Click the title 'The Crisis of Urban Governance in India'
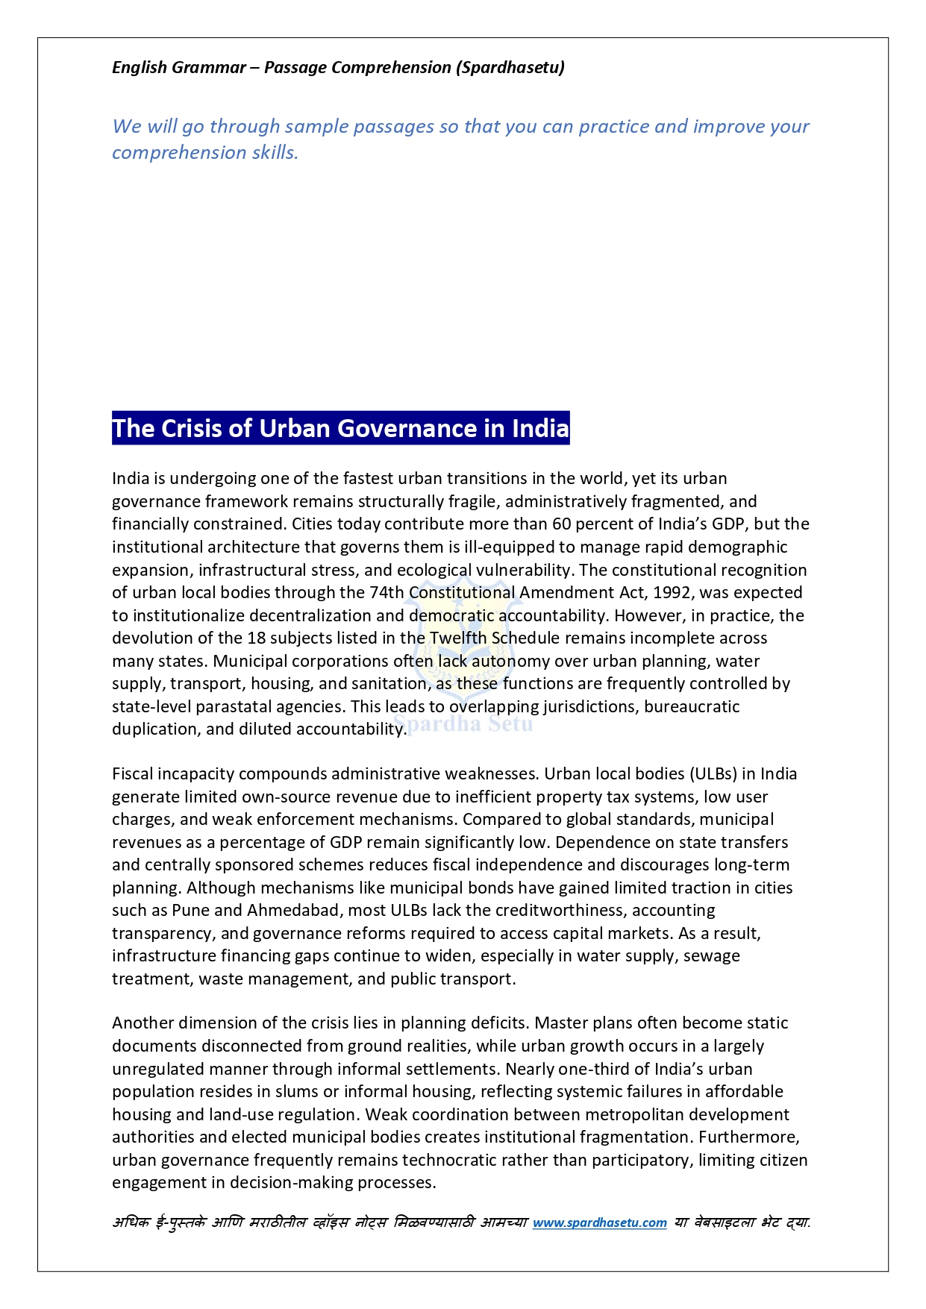click(x=340, y=428)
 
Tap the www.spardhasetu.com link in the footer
click(x=599, y=1222)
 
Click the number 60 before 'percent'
click(x=561, y=524)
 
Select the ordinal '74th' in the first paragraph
click(x=387, y=592)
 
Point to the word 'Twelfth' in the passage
click(x=457, y=638)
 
